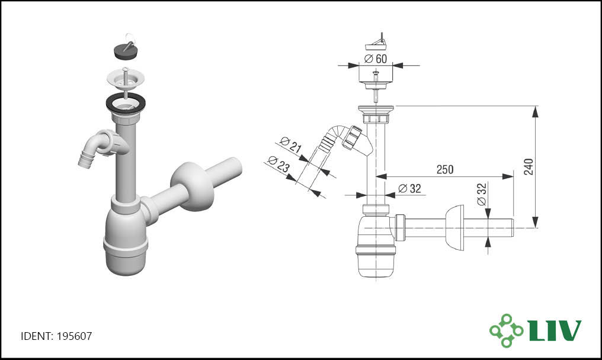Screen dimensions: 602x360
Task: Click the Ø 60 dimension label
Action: [x=376, y=59]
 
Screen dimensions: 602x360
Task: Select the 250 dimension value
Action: [x=444, y=169]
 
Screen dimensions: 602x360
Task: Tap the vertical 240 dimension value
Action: [x=529, y=166]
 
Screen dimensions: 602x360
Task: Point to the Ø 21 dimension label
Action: [x=291, y=144]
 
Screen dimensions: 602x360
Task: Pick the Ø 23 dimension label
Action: [x=278, y=164]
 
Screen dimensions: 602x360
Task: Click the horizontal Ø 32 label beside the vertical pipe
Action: [x=409, y=188]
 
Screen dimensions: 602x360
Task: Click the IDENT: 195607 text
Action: [x=56, y=336]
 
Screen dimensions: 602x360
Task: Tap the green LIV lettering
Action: [x=555, y=330]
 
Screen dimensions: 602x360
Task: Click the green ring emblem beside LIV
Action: [x=506, y=330]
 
